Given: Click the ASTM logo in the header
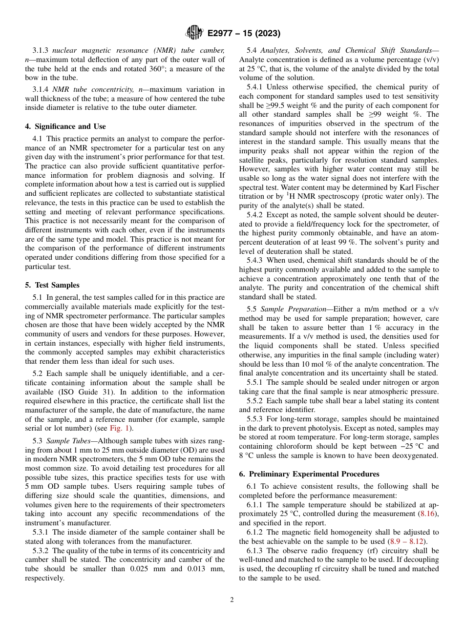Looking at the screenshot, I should click(194, 33).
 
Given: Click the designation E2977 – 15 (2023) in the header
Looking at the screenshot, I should click(243, 34).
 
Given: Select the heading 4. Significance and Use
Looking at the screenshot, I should click(65, 126).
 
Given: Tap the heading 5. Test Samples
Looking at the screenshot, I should click(52, 285).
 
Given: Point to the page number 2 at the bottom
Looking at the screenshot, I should click(232, 600).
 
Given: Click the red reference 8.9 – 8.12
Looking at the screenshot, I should click(406, 541).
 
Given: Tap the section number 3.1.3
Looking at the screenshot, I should click(42, 50).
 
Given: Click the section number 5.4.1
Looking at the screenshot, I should click(256, 87).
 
